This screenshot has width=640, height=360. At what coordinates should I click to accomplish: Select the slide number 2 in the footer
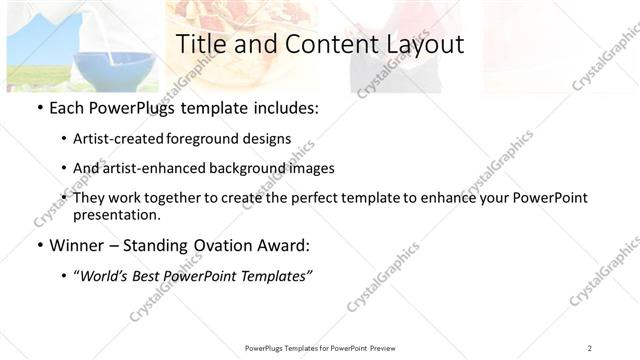click(x=589, y=347)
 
